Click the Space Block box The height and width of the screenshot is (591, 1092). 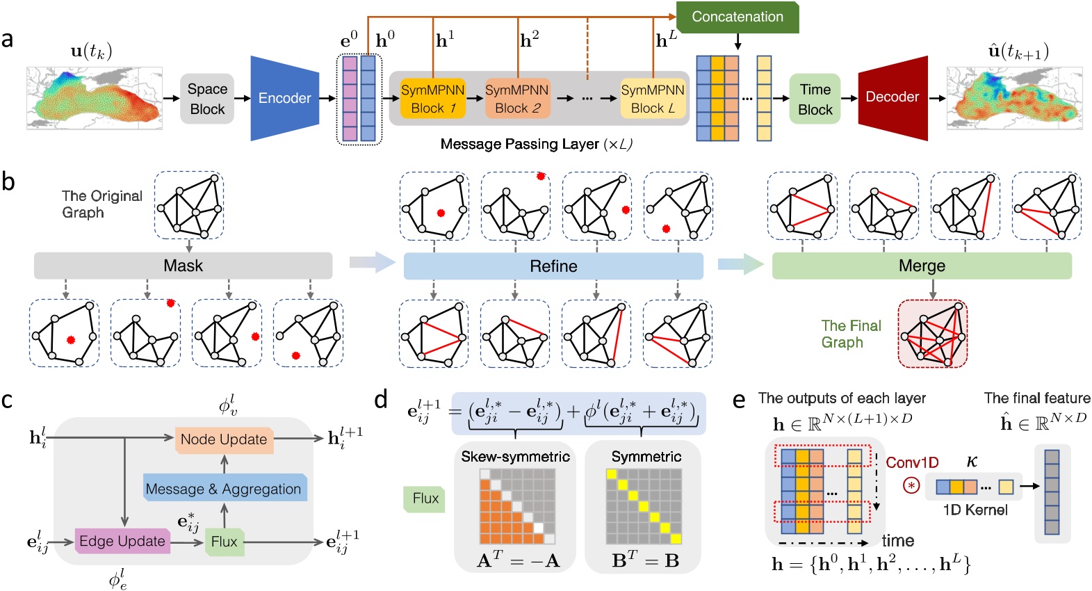click(207, 99)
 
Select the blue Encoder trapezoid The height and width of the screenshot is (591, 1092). click(284, 98)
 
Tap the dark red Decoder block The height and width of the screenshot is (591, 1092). click(893, 97)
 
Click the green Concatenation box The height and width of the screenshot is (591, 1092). click(737, 17)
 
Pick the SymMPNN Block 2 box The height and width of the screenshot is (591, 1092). click(517, 99)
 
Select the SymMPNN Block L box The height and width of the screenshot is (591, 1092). click(653, 99)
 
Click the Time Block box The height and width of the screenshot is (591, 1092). click(815, 99)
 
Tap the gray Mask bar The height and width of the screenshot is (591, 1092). click(183, 266)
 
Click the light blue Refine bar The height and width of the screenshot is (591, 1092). click(553, 266)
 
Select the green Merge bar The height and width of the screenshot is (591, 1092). click(922, 266)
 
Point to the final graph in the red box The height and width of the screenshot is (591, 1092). click(932, 334)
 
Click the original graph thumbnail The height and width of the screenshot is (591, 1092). click(189, 205)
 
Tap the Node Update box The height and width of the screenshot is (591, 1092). click(223, 439)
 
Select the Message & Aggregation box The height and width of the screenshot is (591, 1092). click(224, 489)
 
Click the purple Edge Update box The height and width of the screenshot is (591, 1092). click(122, 541)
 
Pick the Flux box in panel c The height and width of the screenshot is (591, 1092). click(224, 542)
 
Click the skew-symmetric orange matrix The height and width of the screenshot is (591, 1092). click(517, 506)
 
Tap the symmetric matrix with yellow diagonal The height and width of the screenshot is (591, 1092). click(644, 506)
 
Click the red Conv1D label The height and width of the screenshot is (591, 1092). click(912, 462)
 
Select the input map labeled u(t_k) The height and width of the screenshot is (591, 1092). click(95, 98)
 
